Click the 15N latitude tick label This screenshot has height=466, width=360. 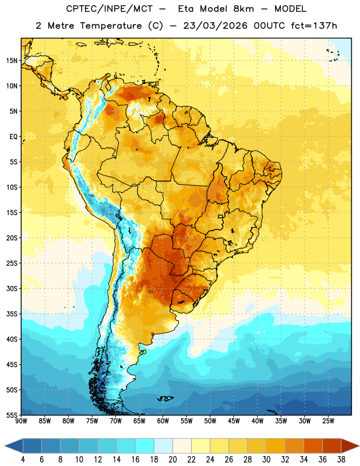pyautogui.click(x=12, y=61)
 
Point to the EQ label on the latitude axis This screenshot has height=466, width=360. pyautogui.click(x=13, y=137)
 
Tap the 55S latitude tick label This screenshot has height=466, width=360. pyautogui.click(x=12, y=415)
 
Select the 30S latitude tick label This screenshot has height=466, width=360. pyautogui.click(x=12, y=288)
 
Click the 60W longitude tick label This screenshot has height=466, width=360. pyautogui.click(x=163, y=421)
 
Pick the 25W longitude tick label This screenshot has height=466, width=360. pyautogui.click(x=328, y=421)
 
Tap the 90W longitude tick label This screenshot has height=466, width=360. pyautogui.click(x=21, y=421)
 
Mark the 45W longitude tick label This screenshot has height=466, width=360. pyautogui.click(x=234, y=421)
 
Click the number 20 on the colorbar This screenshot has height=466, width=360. pyautogui.click(x=172, y=460)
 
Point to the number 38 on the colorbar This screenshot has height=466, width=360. pyautogui.click(x=341, y=460)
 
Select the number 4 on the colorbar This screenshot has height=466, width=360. pyautogui.click(x=23, y=460)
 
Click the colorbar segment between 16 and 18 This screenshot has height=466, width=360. pyautogui.click(x=144, y=446)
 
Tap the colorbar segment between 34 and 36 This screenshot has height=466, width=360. pyautogui.click(x=313, y=446)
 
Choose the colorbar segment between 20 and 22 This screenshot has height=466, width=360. pyautogui.click(x=182, y=446)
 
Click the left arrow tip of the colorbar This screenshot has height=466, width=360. pyautogui.click(x=5, y=446)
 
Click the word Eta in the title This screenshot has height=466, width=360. pyautogui.click(x=186, y=9)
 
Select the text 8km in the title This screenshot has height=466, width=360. pyautogui.click(x=243, y=9)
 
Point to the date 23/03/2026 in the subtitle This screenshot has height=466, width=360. pyautogui.click(x=216, y=26)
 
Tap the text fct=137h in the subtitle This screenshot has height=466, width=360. pyautogui.click(x=314, y=26)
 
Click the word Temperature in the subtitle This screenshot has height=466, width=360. pyautogui.click(x=111, y=26)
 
